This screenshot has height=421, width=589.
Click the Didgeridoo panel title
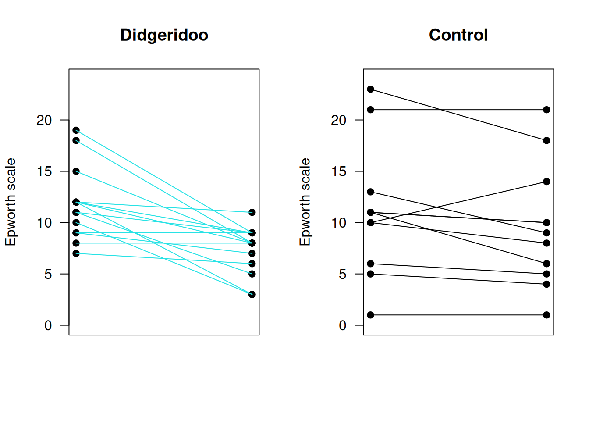point(164,35)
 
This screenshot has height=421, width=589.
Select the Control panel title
point(458,35)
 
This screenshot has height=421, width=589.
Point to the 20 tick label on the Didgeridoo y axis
point(44,120)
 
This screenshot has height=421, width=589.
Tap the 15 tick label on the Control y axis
point(338,171)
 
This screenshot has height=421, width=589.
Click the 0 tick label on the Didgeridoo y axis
point(48,325)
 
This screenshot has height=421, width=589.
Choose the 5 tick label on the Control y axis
point(342,274)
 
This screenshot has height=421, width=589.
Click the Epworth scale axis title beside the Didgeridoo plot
point(11,202)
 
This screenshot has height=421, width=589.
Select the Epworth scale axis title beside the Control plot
point(305,202)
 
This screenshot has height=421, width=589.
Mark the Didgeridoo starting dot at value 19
point(76,130)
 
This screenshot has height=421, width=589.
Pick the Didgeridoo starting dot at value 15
point(76,171)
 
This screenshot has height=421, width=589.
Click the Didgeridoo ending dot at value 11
point(252,212)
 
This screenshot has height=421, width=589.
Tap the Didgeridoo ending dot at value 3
point(252,294)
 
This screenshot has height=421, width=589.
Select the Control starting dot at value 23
point(371,89)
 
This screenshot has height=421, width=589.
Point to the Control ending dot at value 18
point(546,140)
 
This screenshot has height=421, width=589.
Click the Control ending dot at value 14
point(546,182)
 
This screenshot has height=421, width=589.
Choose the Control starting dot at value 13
point(371,192)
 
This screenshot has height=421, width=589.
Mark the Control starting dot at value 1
point(371,315)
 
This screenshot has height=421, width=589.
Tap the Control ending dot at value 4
point(546,284)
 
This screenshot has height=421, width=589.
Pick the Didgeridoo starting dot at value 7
point(76,253)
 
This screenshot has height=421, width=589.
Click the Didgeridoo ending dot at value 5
point(252,274)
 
